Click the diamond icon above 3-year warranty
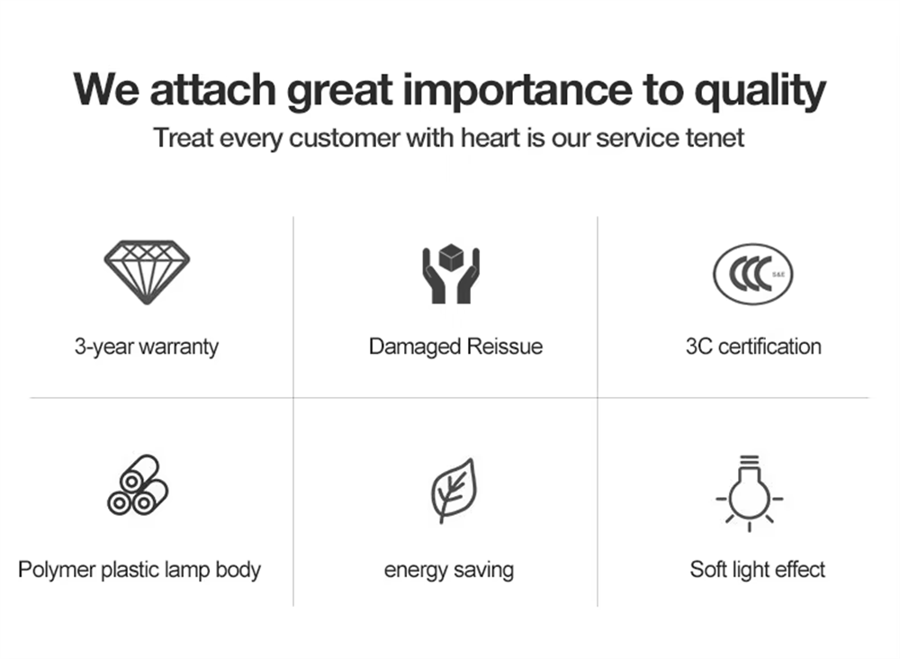click(147, 272)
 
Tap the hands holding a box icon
click(451, 275)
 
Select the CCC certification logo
click(753, 274)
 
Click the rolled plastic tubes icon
click(138, 485)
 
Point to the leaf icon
click(454, 491)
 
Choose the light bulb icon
click(750, 493)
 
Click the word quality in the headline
click(760, 91)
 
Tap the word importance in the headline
click(517, 91)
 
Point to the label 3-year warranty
click(147, 348)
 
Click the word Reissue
click(505, 347)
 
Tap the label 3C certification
click(753, 347)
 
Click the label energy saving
click(449, 571)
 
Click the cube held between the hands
click(451, 257)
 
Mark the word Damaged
click(415, 348)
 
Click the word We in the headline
click(106, 89)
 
